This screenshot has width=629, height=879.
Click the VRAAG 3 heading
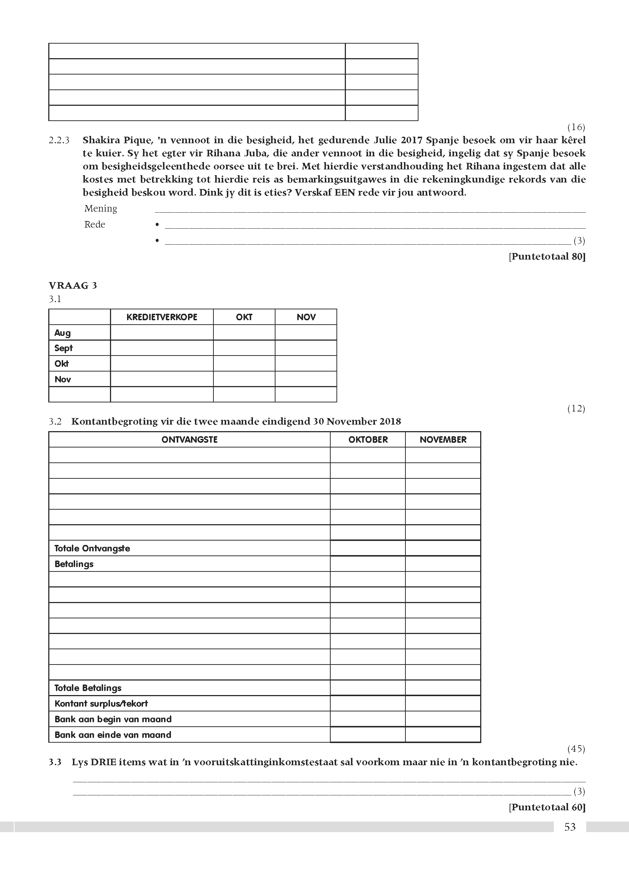click(73, 286)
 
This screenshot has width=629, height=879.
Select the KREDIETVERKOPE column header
click(162, 317)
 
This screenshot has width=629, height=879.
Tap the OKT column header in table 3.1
click(244, 317)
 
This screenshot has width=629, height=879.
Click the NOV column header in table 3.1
click(306, 317)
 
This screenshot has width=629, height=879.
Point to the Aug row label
click(63, 333)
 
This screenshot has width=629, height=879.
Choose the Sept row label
click(64, 348)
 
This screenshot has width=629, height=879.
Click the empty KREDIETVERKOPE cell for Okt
click(162, 364)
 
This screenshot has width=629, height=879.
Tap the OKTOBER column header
click(368, 439)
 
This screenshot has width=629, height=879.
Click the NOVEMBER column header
click(443, 439)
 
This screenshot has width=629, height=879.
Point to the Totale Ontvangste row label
click(92, 549)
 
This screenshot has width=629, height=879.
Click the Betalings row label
click(74, 564)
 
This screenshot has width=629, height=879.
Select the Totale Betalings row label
click(88, 688)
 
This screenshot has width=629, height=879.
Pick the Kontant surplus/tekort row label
click(101, 703)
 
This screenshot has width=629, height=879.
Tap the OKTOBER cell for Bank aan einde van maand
click(368, 735)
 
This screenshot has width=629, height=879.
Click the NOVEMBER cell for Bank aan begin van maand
click(443, 719)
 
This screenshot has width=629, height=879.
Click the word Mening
click(101, 209)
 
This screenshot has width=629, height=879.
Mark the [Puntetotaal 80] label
click(547, 257)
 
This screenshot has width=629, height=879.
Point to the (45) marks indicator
click(576, 749)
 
